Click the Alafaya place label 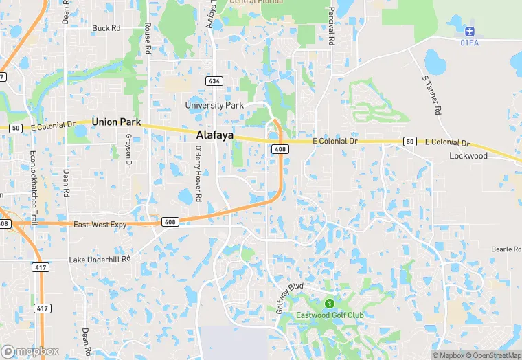(214, 136)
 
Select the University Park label (214, 105)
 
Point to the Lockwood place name (468, 156)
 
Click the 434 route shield (215, 81)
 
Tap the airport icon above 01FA (470, 31)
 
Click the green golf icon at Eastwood (330, 303)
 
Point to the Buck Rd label (106, 29)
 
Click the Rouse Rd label (148, 36)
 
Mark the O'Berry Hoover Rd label (197, 173)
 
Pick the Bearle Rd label (506, 249)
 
